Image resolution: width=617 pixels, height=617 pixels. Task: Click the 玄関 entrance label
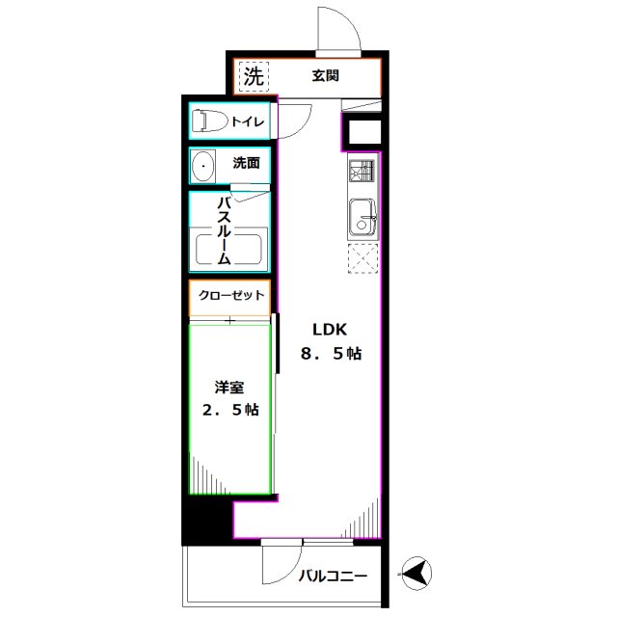click(325, 76)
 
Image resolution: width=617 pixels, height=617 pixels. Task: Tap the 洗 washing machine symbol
click(253, 77)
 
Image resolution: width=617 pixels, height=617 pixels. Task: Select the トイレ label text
click(249, 121)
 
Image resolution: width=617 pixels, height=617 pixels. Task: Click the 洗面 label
click(246, 163)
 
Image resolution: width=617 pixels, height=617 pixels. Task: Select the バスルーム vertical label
click(224, 231)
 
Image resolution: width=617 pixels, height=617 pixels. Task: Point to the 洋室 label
click(229, 388)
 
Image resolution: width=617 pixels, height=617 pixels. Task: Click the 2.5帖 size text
click(229, 411)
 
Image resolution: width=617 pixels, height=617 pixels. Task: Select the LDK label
click(322, 327)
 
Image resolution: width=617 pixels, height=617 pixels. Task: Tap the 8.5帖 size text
click(331, 354)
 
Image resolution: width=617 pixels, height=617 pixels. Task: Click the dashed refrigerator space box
click(363, 259)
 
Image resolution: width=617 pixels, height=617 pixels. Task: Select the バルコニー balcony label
click(333, 577)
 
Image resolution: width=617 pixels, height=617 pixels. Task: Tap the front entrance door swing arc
click(343, 27)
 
